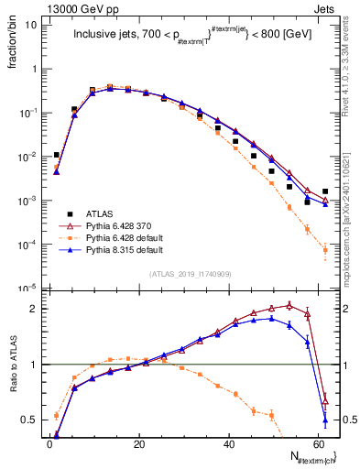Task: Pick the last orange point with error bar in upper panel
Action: (x=325, y=249)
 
